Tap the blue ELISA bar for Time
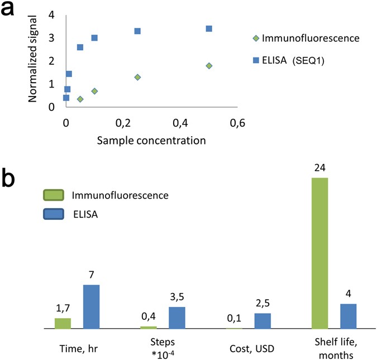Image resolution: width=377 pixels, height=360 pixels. click(x=92, y=306)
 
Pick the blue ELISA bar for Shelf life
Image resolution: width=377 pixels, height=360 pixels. click(x=348, y=316)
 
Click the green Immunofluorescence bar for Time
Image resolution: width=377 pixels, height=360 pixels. click(x=63, y=323)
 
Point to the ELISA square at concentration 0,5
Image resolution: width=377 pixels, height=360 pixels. click(x=209, y=28)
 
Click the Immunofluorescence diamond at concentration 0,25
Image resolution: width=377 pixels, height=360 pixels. click(x=137, y=77)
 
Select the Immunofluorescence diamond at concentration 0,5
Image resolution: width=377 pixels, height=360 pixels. click(x=209, y=66)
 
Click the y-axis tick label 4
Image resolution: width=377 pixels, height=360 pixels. click(x=52, y=15)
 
